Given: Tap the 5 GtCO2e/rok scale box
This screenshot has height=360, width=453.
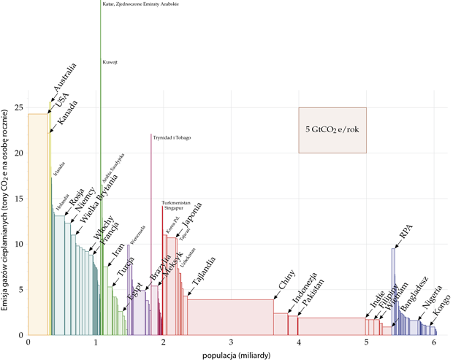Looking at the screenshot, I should pos(331,130).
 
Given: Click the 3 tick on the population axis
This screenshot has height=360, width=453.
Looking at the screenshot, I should pos(231,342).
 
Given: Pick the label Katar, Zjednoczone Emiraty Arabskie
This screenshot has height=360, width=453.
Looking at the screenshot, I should pos(141,4).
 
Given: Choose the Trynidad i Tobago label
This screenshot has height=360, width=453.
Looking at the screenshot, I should pos(172,138).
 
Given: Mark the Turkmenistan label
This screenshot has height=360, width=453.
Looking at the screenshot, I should pos(176,202).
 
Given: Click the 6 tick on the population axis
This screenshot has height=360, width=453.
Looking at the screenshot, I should pos(433,342).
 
